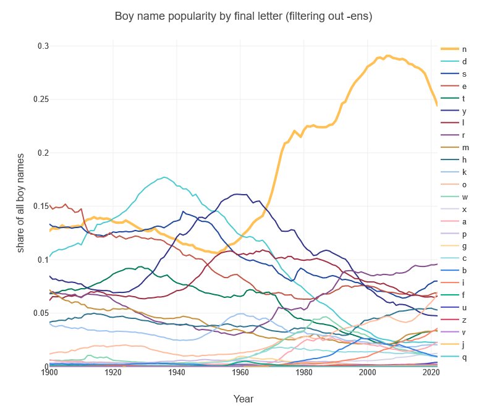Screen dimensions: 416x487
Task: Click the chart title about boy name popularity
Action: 244,17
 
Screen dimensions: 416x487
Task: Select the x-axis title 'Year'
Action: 244,399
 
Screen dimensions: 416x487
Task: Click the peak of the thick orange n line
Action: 387,56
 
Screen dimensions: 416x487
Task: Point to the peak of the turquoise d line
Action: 164,177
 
